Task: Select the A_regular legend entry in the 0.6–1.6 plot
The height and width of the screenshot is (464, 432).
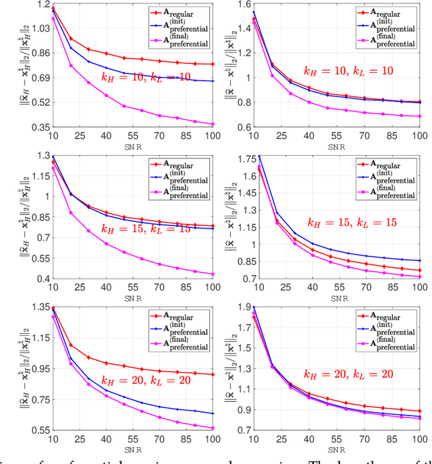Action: point(389,12)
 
